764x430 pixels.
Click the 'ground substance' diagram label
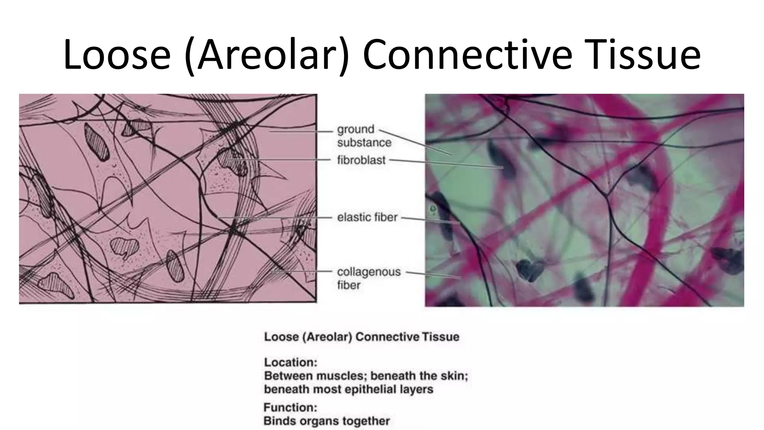click(364, 136)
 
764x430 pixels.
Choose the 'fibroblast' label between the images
click(361, 160)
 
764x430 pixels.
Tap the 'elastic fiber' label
click(367, 217)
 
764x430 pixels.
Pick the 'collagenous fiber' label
click(368, 278)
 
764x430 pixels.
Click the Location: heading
click(291, 362)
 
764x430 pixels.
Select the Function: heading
click(290, 407)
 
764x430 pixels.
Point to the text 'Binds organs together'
click(326, 421)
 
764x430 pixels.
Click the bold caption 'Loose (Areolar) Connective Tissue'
click(361, 337)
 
